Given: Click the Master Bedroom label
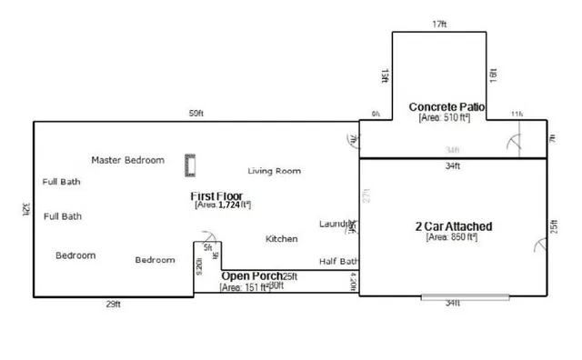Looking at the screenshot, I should (x=128, y=160).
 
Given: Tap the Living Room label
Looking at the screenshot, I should (x=275, y=171).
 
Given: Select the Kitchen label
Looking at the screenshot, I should (x=282, y=239).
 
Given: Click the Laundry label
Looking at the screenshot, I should (x=336, y=224).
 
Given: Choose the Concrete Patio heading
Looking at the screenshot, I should (x=447, y=106).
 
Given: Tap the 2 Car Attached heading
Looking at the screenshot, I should (x=452, y=226).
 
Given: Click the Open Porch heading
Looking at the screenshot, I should (x=251, y=276).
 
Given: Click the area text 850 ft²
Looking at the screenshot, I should (x=452, y=238).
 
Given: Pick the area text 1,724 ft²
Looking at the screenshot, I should (x=223, y=206).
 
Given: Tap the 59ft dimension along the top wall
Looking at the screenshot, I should (x=196, y=114).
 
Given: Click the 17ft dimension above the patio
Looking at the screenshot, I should (x=440, y=25).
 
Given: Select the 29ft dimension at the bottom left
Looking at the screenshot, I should (x=113, y=305).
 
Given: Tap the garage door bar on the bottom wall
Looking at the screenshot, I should (x=453, y=296).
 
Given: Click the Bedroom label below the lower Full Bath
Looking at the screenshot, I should (x=75, y=255).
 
